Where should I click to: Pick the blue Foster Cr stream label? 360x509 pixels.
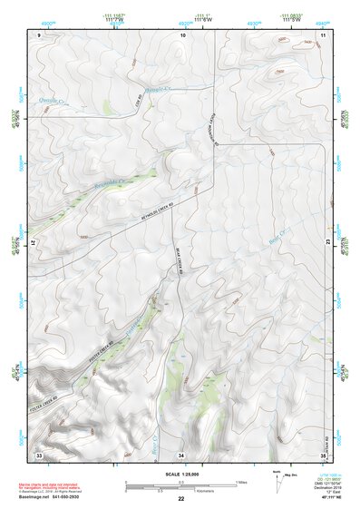coord(138,324)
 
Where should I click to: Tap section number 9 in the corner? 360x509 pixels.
coord(40,34)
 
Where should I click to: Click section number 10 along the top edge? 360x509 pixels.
coord(182,34)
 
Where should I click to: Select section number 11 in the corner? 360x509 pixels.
coord(323,34)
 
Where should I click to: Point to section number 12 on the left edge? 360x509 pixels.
coord(34,244)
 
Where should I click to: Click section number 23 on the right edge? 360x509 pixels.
coord(327,244)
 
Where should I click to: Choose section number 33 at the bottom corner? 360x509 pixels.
coord(39,454)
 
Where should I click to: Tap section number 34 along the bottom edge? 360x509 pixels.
coord(181,454)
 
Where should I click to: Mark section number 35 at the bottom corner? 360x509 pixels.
coord(323,454)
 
